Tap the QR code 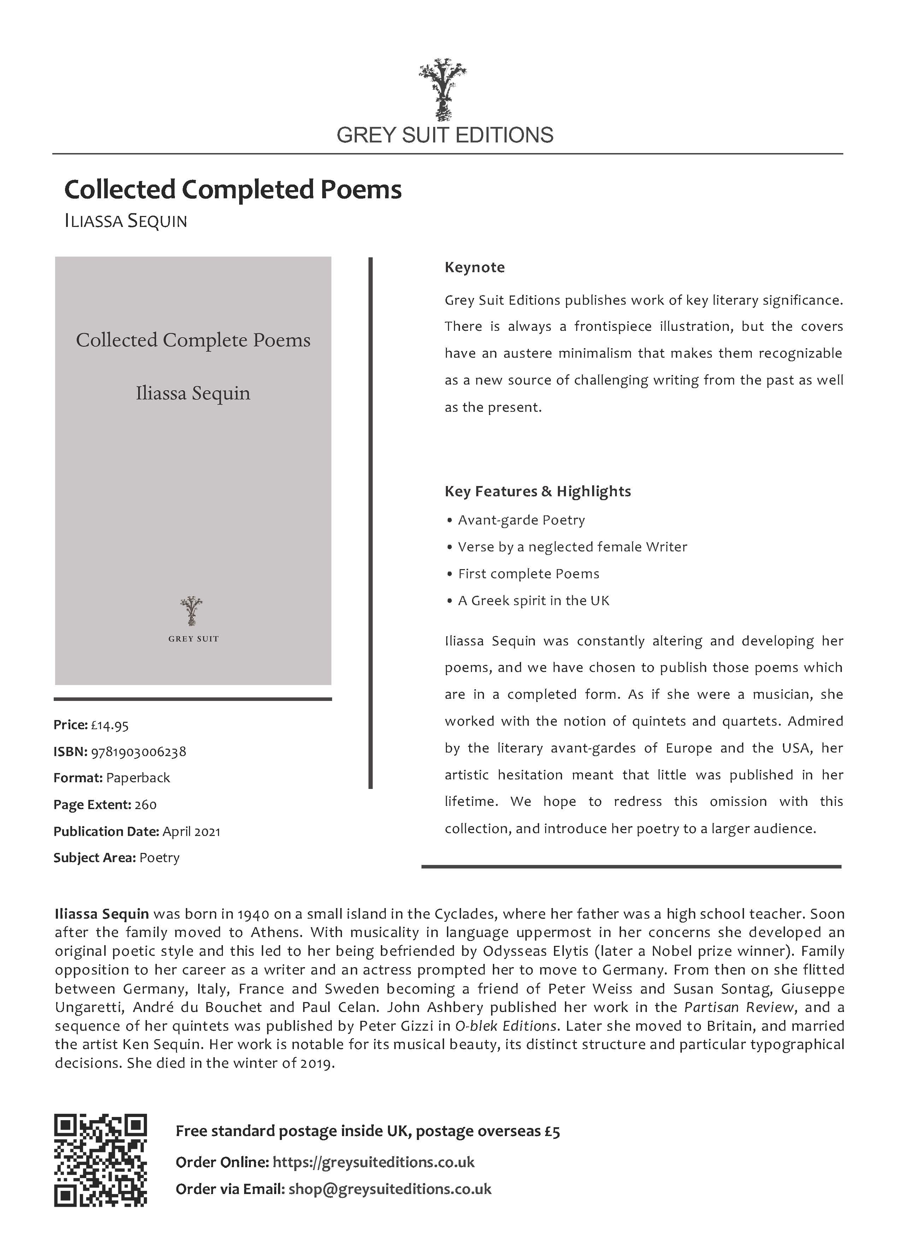pos(101,1160)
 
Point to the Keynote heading pos(474,268)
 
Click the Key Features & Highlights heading pos(537,491)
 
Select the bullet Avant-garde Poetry pos(521,520)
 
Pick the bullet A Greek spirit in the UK pos(533,601)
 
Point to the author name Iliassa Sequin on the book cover pos(193,393)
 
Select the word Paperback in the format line pos(138,778)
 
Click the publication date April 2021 pos(191,831)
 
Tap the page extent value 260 pos(145,804)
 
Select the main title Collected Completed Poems pos(232,189)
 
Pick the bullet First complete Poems pos(528,573)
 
